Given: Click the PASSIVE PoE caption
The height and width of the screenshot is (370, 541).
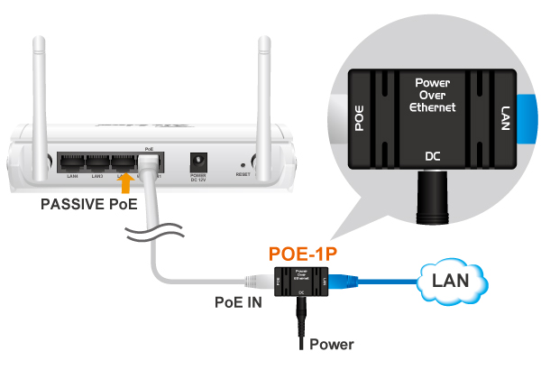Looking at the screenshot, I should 88,205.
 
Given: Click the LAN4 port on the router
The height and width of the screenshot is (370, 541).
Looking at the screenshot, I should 72,163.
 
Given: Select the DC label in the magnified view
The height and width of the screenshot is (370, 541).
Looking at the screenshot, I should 432,155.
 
